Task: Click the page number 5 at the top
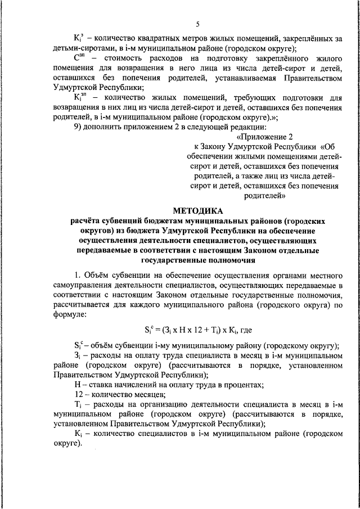pos(197,22)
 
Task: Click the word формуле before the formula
pos(70,316)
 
